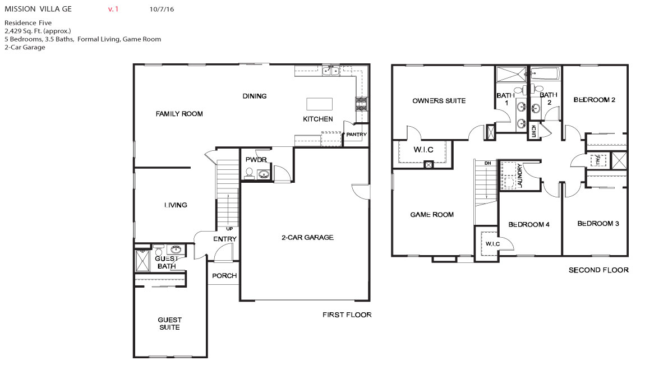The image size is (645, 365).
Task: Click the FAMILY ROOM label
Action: coord(179,114)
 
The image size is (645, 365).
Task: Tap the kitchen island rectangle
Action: coord(319,104)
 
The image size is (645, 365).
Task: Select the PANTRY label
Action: coord(356,135)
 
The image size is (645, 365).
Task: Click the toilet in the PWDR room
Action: coord(249,173)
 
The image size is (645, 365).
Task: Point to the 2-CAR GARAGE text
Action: coord(307,238)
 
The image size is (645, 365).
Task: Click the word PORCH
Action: coord(224,276)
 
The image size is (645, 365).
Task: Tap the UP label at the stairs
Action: coord(229,229)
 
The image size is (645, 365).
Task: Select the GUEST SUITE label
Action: coord(169,324)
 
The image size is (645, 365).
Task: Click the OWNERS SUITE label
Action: coord(439,101)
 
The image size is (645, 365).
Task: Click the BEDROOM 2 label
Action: coord(595,100)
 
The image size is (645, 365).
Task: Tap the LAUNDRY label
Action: coord(520,175)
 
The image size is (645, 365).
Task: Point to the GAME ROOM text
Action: coord(432,215)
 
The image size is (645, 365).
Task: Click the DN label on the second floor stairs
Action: coord(488,163)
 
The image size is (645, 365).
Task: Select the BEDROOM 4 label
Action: coord(528,224)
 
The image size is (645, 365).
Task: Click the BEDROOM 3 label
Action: coord(598,223)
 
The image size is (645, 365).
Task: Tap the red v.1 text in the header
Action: coord(113,10)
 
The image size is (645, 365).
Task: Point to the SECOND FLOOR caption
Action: coord(598,270)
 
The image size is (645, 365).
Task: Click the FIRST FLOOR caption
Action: coord(347,315)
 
